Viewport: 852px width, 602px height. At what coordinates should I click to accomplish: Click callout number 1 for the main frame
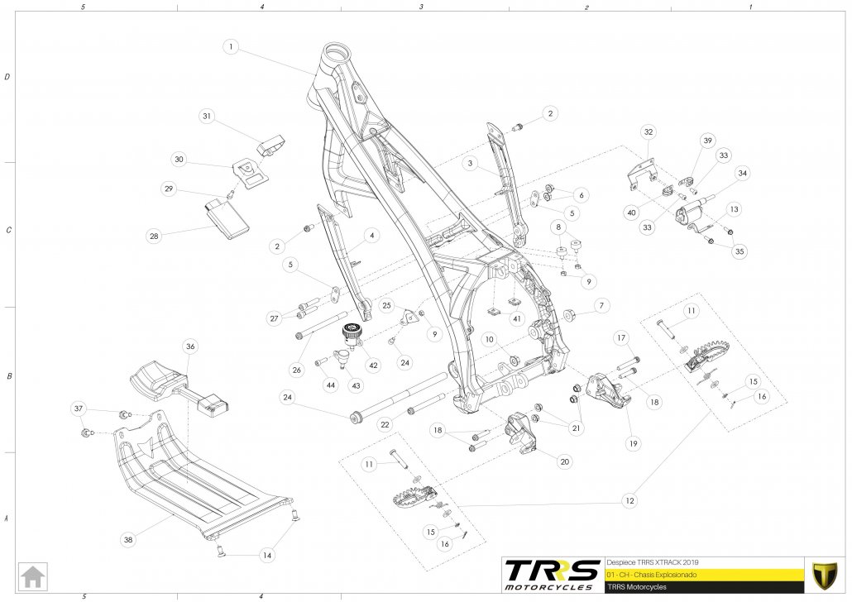point(232,47)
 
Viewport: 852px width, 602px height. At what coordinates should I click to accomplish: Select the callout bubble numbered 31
point(207,117)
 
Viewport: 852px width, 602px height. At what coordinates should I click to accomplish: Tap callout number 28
point(153,236)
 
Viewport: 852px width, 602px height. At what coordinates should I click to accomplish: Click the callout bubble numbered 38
point(127,539)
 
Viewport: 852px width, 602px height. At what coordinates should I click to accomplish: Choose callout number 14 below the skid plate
point(266,557)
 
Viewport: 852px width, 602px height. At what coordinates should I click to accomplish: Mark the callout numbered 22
point(385,424)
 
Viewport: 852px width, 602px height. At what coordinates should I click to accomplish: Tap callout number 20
point(564,461)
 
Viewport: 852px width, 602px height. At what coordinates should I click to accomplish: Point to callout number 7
point(601,306)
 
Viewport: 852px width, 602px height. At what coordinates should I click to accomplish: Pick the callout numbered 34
point(742,173)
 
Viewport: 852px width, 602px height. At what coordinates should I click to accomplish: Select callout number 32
point(649,132)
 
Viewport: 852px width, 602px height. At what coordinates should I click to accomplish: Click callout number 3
point(469,164)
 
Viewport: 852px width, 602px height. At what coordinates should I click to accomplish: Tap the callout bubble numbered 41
point(516,318)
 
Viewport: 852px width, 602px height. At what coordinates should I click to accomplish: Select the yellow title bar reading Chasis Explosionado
point(703,574)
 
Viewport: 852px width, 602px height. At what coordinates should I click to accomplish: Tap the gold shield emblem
point(822,573)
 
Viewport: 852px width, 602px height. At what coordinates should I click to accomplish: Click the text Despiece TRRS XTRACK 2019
point(653,561)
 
